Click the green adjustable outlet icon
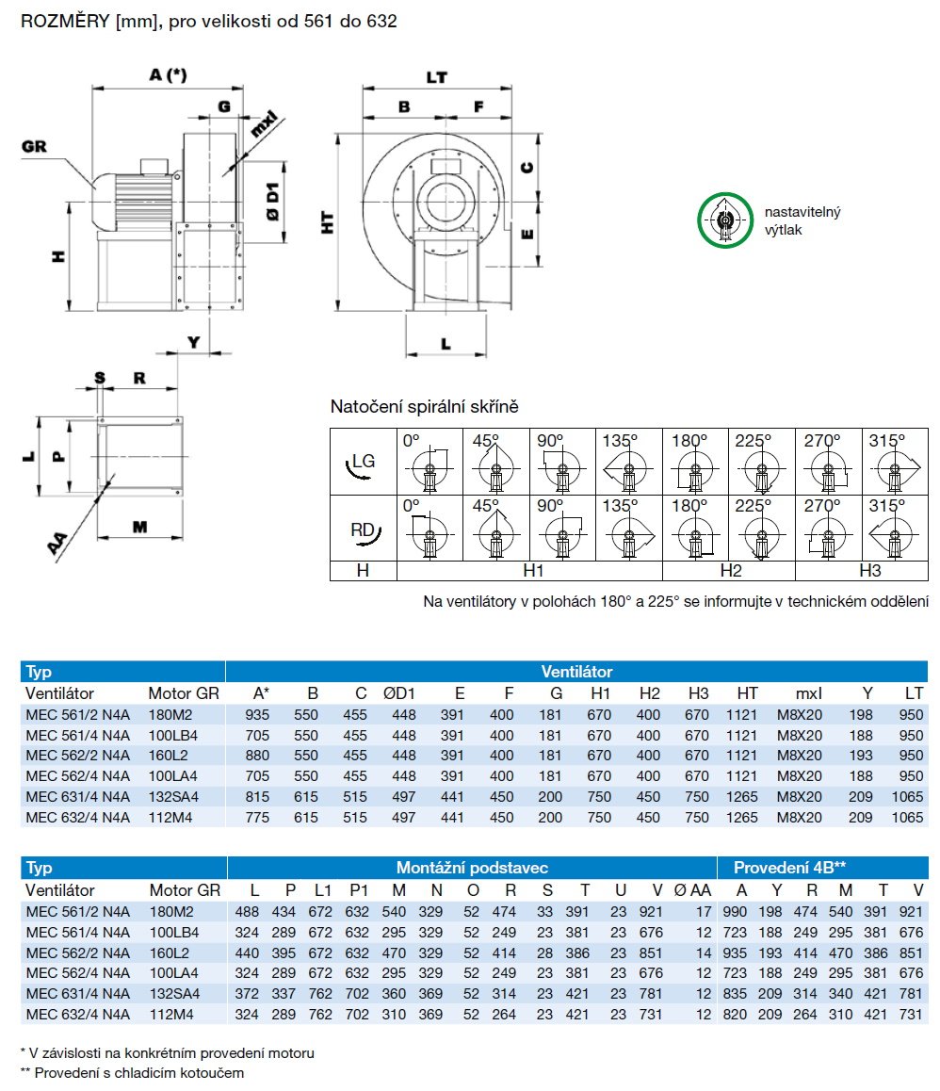click(725, 220)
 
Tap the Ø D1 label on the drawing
click(272, 202)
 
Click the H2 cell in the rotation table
click(729, 571)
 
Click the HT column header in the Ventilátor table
click(747, 693)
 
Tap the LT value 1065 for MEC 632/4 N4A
click(906, 818)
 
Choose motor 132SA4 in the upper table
click(173, 797)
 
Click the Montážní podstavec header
click(472, 868)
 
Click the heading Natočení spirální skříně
click(424, 407)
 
